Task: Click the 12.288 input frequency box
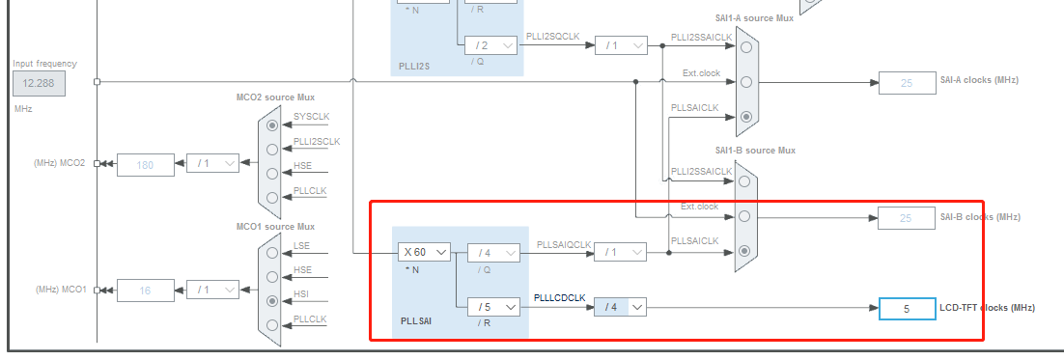[40, 84]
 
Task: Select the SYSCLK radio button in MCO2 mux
[272, 125]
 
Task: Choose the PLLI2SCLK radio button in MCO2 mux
[272, 150]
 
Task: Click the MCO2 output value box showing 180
[146, 164]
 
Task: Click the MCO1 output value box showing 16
[146, 290]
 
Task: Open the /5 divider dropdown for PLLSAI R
[492, 307]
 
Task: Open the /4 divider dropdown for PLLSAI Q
[492, 253]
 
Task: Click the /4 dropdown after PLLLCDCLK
[620, 307]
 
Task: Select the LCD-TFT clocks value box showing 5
[907, 309]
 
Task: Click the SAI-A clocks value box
[907, 83]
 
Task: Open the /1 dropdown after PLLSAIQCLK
[620, 252]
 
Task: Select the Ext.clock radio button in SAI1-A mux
[746, 82]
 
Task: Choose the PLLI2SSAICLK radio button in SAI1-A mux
[746, 45]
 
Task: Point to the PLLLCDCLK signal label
[560, 298]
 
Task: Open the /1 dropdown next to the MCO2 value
[211, 164]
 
